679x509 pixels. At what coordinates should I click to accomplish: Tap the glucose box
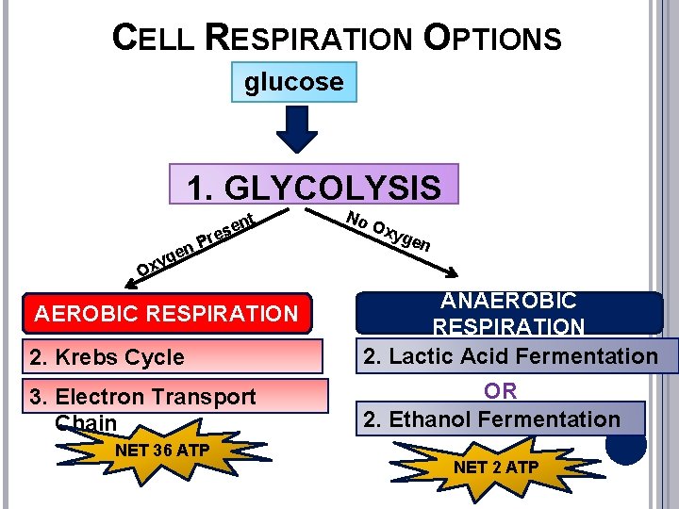tap(294, 83)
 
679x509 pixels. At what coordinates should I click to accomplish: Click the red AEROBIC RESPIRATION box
tap(166, 313)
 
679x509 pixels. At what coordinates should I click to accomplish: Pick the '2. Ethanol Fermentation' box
tap(501, 419)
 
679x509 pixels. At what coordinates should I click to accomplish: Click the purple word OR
tap(501, 390)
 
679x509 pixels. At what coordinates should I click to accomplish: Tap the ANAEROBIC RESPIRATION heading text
tap(509, 313)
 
